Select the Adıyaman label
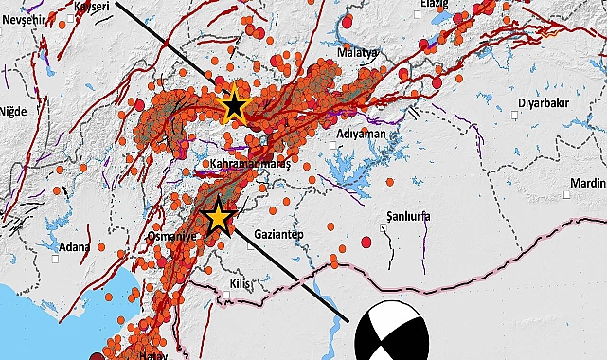pos(361,134)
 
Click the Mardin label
pos(587,184)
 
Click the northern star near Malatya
pos(233,106)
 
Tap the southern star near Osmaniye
pos(219,217)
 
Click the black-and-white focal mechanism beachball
pos(391,332)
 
